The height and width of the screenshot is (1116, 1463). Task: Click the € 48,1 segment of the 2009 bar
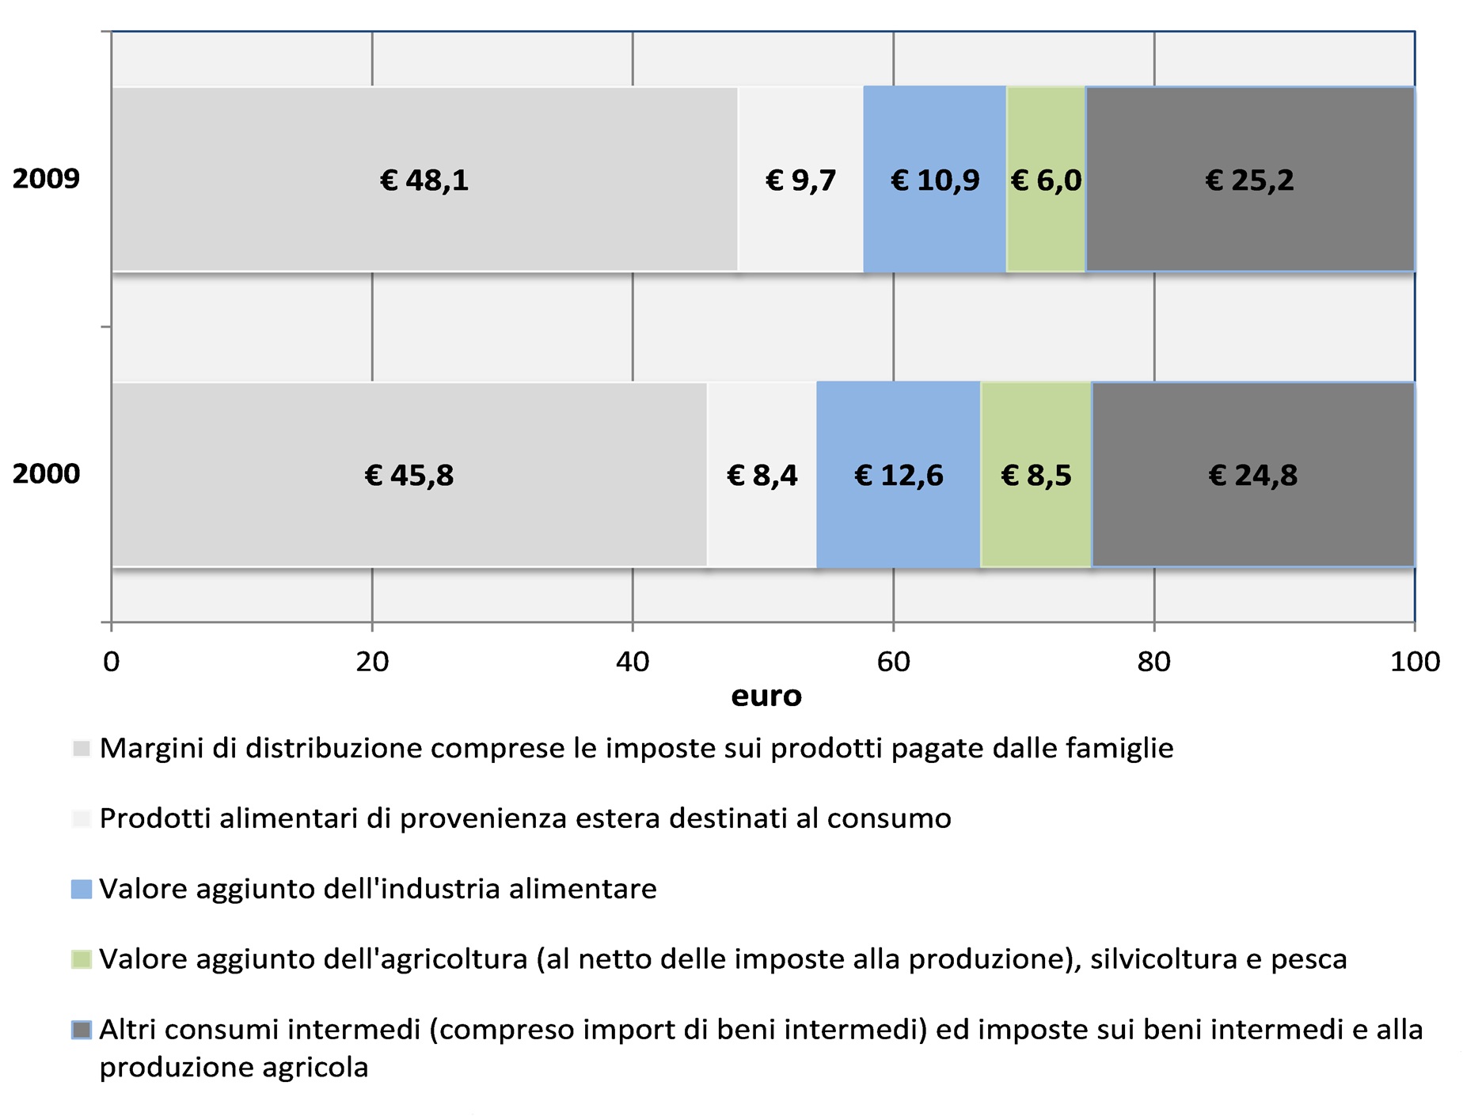coord(424,180)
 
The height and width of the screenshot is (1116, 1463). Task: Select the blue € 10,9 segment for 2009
coord(934,180)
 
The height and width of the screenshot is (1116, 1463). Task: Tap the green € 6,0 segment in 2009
coord(1046,180)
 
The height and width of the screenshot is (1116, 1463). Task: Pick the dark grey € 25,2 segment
coord(1249,180)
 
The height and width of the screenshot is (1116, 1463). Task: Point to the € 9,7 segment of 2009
coord(800,180)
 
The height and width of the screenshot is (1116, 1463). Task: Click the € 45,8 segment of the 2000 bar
coord(408,475)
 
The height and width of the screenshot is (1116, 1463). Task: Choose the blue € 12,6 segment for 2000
coord(899,475)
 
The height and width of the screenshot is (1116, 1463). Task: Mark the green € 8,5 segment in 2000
coord(1035,475)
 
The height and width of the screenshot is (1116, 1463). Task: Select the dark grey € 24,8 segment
coord(1252,475)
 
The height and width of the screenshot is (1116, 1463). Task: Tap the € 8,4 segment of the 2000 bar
coord(762,475)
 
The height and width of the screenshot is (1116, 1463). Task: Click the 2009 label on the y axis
coord(46,179)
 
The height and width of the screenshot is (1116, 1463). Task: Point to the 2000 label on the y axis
coord(46,474)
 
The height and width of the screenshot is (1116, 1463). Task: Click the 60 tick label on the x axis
coord(893,662)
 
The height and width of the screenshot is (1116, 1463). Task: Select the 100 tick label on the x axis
coord(1414,662)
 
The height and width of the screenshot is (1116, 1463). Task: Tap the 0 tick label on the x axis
coord(112,662)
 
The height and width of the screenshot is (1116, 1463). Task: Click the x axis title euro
coord(766,697)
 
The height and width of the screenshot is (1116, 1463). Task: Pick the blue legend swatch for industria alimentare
coord(82,889)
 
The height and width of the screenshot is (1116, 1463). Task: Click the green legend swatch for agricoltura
coord(82,959)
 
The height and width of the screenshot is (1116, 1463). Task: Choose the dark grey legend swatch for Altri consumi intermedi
coord(82,1030)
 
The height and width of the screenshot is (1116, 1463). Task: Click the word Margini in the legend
coord(151,748)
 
